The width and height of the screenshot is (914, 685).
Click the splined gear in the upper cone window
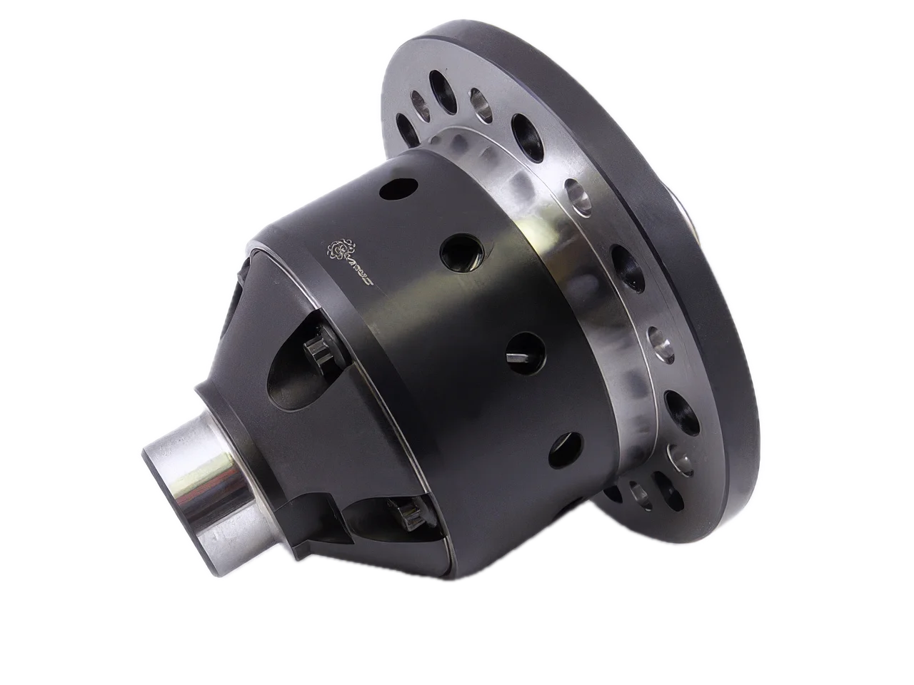[x=318, y=351]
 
